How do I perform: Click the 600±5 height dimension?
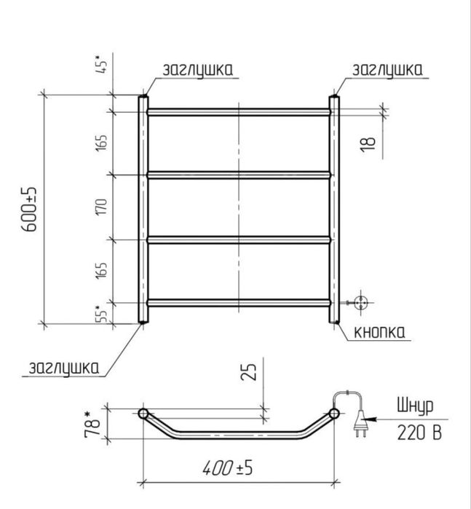click(30, 209)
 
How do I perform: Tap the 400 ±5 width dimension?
click(228, 468)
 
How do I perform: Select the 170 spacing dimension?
click(101, 207)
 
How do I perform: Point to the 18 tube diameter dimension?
click(368, 143)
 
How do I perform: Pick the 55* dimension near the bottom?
click(102, 314)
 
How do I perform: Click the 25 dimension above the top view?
click(248, 371)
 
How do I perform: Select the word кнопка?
click(379, 332)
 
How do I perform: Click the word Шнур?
click(415, 406)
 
